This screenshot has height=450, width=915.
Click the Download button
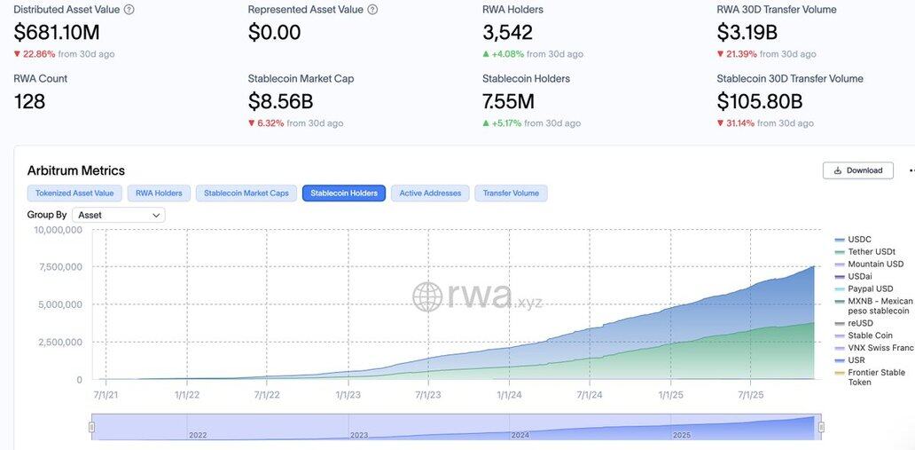857,170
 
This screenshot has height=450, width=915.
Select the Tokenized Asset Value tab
74,193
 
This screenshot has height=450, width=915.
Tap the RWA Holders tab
159,193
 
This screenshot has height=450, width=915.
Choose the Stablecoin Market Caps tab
246,193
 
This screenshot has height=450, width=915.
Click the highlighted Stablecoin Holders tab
344,193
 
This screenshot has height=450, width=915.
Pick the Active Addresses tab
430,193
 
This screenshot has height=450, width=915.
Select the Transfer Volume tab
511,193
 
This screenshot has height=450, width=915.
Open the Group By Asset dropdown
119,215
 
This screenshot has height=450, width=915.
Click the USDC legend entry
859,240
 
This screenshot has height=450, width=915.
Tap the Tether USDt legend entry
872,252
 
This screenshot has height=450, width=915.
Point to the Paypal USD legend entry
870,288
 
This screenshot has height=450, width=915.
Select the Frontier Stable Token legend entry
876,377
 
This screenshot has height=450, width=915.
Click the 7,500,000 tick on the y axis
58,267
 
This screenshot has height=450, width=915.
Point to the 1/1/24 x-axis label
509,395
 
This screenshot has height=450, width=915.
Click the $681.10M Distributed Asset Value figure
57,33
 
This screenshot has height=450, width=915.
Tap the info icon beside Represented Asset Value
372,10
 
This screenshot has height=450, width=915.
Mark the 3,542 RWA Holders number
507,33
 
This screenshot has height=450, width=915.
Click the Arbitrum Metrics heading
76,170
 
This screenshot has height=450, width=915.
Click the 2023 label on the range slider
359,435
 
